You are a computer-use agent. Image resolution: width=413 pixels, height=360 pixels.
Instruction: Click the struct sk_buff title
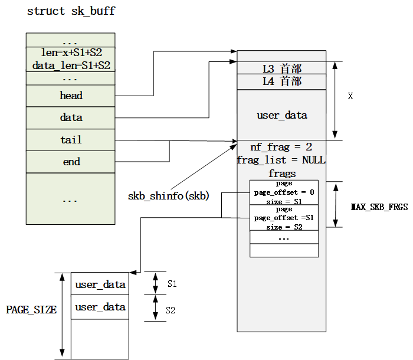pos(71,12)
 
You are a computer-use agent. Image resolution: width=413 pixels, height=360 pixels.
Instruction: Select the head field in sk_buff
pos(71,96)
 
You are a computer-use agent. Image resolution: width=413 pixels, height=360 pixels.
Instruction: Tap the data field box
pos(71,117)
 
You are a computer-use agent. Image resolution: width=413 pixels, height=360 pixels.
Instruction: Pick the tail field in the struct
pos(71,140)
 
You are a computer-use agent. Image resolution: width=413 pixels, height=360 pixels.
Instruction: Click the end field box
pos(71,162)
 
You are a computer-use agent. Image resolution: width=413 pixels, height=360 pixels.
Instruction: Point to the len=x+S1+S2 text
pos(71,53)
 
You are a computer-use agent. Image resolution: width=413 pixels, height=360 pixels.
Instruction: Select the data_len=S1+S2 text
pos(71,65)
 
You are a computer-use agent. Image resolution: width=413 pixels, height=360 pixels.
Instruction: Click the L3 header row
pos(281,68)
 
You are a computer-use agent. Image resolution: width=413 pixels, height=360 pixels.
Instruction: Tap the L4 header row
pos(281,81)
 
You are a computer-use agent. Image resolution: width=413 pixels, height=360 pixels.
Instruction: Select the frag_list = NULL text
pos(281,160)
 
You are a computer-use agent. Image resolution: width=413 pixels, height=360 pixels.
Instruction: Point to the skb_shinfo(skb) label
pos(169,195)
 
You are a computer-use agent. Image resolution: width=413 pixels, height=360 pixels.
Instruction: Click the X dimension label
pos(350,96)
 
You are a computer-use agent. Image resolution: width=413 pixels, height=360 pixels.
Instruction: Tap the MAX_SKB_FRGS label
pos(379,207)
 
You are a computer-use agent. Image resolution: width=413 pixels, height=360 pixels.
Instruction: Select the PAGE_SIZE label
pos(31,309)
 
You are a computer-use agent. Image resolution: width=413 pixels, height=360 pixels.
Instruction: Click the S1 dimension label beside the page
pos(172,284)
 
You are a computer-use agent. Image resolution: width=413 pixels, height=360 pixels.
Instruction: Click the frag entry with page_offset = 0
pos(284,192)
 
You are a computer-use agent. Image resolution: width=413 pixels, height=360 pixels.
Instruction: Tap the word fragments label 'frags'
pos(281,174)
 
